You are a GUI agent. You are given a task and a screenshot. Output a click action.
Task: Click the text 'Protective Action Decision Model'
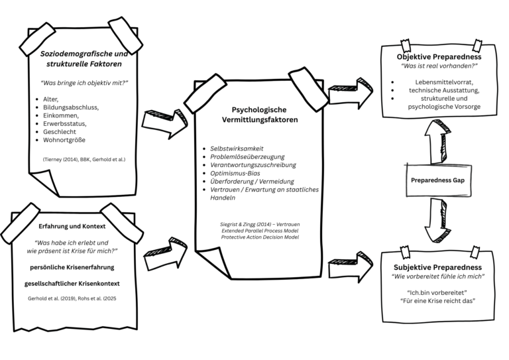(260, 237)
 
